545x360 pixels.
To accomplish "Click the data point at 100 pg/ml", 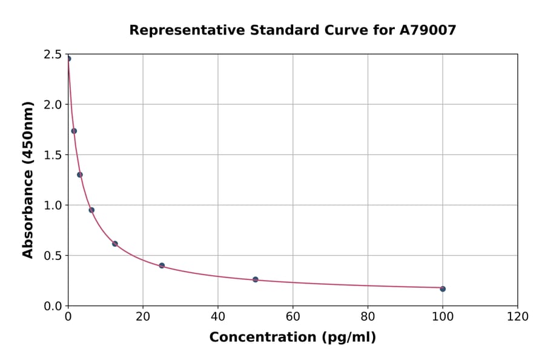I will (x=443, y=288).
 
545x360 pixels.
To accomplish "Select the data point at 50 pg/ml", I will (x=256, y=279).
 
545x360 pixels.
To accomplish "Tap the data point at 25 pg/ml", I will (x=162, y=265).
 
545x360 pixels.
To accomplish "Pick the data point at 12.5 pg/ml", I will (x=115, y=244).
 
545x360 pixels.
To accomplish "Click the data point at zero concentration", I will (x=68, y=59).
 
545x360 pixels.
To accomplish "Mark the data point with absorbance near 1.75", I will (x=74, y=131).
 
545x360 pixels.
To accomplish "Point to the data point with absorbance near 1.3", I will (x=80, y=175).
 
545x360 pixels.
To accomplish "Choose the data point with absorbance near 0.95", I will (x=91, y=210).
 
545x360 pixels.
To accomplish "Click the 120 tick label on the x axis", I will (x=518, y=317).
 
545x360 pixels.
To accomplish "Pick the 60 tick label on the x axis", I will (x=293, y=317).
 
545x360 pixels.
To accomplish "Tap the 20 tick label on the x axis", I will (x=143, y=317).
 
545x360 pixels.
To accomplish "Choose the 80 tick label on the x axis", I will (x=368, y=317).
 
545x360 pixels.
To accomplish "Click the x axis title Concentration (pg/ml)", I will (x=292, y=338).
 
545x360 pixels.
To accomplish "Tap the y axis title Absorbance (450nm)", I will (x=28, y=179).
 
